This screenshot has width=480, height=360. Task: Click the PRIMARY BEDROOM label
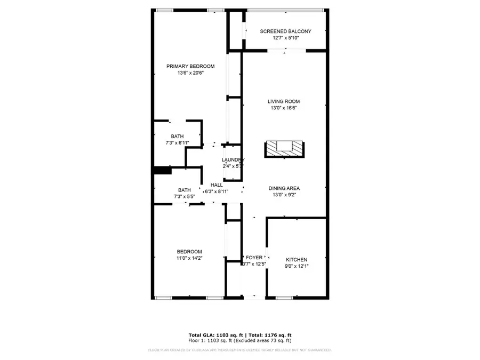pyautogui.click(x=190, y=66)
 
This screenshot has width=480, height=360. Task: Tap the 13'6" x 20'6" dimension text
pyautogui.click(x=190, y=73)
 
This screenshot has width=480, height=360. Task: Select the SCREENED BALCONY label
pyautogui.click(x=285, y=31)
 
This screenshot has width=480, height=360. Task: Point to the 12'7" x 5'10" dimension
pyautogui.click(x=285, y=38)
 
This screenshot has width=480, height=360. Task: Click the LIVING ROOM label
pyautogui.click(x=284, y=101)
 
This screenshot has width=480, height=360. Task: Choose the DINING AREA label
pyautogui.click(x=284, y=188)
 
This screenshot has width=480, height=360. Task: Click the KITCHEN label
pyautogui.click(x=296, y=260)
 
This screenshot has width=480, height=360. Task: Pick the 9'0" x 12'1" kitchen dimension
pyautogui.click(x=296, y=266)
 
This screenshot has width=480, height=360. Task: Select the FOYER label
pyautogui.click(x=254, y=258)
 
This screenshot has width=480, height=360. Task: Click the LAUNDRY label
pyautogui.click(x=233, y=160)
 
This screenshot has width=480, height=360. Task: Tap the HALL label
pyautogui.click(x=217, y=185)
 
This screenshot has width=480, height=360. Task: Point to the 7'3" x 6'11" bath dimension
pyautogui.click(x=178, y=143)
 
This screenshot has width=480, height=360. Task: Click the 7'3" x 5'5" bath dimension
pyautogui.click(x=185, y=197)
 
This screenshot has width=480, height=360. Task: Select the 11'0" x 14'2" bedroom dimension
pyautogui.click(x=189, y=258)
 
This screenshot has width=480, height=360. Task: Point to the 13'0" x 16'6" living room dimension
pyautogui.click(x=284, y=108)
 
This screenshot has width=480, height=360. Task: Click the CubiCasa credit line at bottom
pyautogui.click(x=239, y=350)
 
